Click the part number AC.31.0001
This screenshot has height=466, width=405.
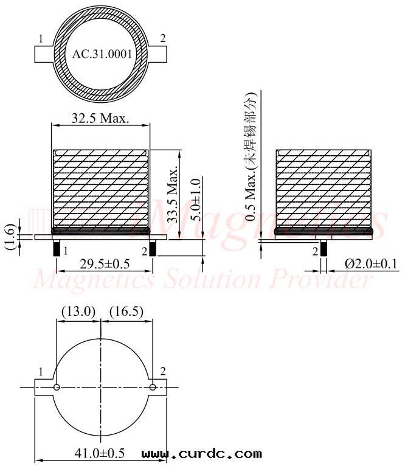[102, 54]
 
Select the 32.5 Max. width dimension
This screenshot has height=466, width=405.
[100, 118]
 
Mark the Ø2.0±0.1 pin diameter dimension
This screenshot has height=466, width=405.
[371, 263]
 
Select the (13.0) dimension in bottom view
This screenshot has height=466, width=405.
[78, 311]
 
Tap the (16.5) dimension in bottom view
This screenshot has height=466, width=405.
[126, 311]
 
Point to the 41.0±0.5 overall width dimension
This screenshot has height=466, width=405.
[99, 453]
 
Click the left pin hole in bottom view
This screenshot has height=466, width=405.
[57, 387]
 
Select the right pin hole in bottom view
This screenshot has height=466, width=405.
[152, 387]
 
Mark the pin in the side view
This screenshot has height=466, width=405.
[324, 248]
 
